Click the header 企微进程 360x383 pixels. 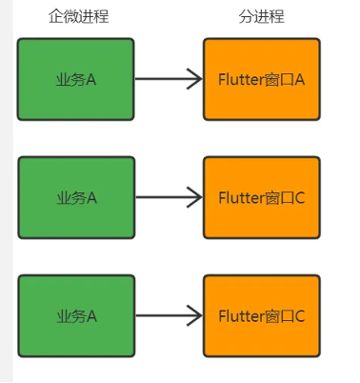click(x=78, y=17)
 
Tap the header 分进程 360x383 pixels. click(x=261, y=17)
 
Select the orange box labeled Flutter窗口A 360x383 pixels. click(x=261, y=79)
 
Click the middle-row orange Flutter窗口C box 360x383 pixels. click(x=261, y=197)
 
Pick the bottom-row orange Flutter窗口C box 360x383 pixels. click(x=261, y=315)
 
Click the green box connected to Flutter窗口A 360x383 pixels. click(x=76, y=79)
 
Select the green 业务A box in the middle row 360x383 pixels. click(x=76, y=197)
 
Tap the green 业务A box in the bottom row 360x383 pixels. click(x=76, y=315)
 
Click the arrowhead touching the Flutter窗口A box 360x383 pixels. click(x=194, y=79)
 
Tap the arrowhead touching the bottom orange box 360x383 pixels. click(x=194, y=315)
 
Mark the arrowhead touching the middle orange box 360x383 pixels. click(x=194, y=197)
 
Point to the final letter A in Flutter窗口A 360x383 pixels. click(x=299, y=79)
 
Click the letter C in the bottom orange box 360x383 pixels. click(x=299, y=315)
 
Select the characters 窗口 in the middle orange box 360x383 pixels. click(x=278, y=197)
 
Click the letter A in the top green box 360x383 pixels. click(x=92, y=79)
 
